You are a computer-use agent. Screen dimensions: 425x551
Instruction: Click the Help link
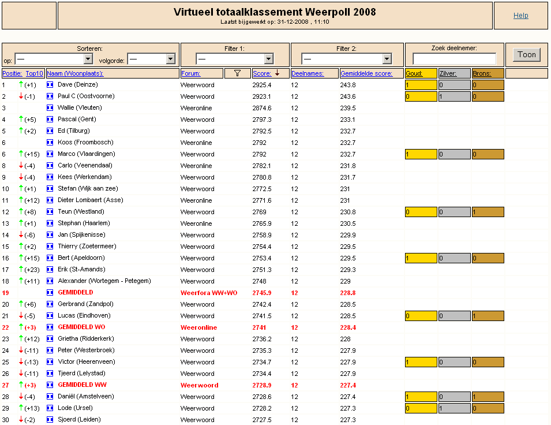520,16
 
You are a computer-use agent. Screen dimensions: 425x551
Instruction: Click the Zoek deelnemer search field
454,58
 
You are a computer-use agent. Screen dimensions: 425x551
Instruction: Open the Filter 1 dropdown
234,58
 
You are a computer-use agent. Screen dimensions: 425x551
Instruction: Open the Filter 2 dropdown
345,58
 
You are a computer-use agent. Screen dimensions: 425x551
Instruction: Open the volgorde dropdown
151,58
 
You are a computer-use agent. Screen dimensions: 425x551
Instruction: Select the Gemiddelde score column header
366,73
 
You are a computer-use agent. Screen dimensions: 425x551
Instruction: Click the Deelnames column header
307,73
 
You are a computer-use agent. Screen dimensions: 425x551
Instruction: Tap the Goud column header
414,73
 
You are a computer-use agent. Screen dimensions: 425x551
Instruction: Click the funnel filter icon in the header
237,73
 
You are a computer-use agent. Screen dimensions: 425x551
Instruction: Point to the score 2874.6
262,108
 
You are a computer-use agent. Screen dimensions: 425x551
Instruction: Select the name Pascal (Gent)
77,120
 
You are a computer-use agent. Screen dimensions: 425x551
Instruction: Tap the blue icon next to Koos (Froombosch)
50,143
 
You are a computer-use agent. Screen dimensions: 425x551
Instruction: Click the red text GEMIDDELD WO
81,327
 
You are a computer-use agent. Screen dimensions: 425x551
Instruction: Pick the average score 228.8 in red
347,293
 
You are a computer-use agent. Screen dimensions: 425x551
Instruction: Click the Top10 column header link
34,73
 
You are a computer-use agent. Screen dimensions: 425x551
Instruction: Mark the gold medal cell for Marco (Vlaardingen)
421,154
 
